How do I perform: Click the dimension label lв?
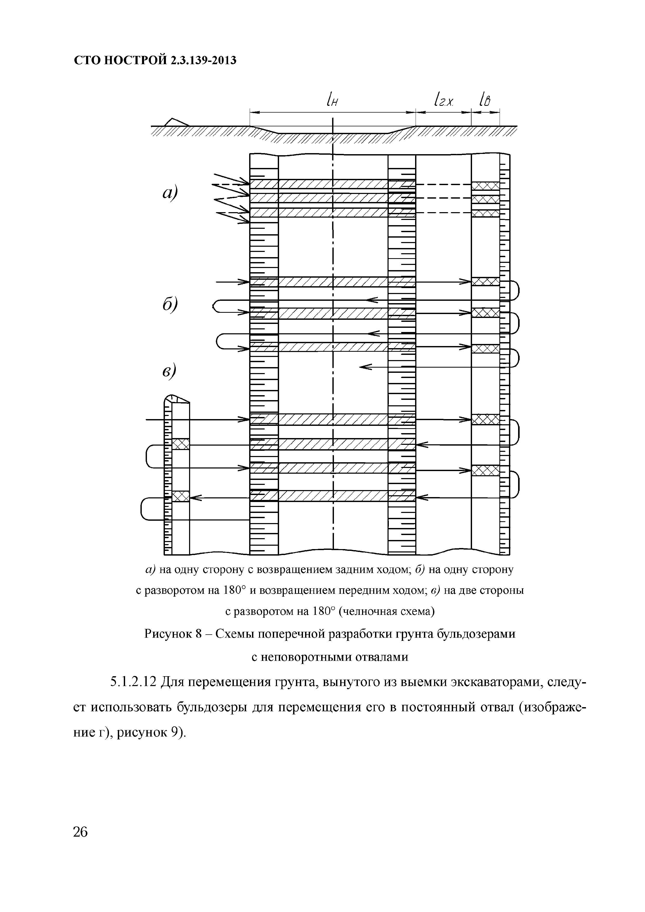click(485, 100)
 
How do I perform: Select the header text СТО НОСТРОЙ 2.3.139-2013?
click(155, 60)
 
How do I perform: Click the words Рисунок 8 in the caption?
click(174, 634)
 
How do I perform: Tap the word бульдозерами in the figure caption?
click(476, 634)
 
